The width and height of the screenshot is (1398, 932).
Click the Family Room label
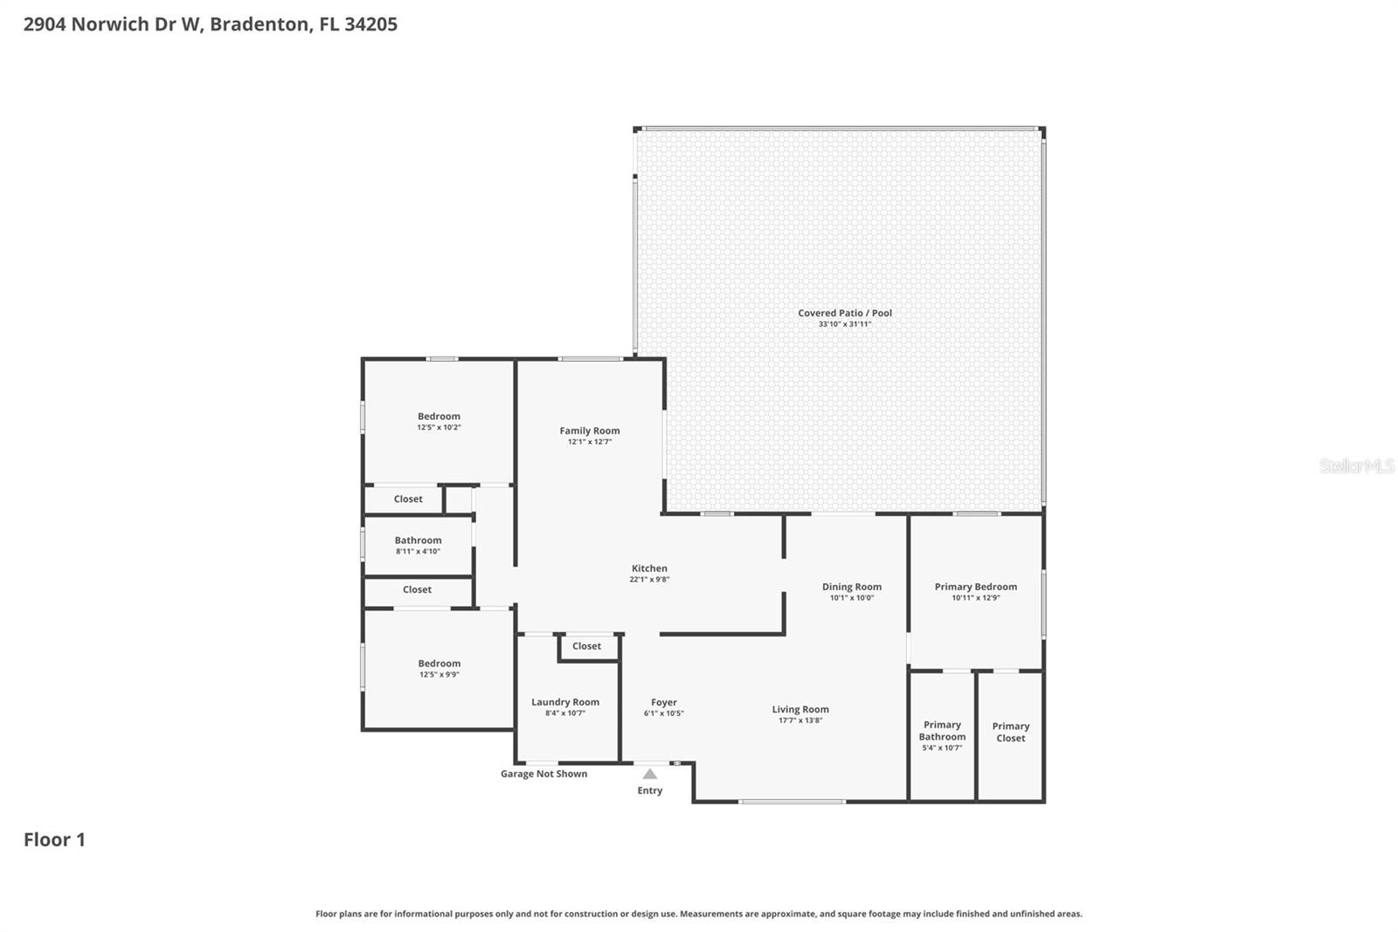coord(590,430)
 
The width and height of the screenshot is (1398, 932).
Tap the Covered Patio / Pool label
coord(845,313)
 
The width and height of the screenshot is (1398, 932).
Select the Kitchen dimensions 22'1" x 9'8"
coord(649,580)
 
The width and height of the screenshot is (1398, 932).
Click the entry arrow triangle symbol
coord(650,774)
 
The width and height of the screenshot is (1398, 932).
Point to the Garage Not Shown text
coord(543,774)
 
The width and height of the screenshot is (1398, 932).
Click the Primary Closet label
coord(1011,732)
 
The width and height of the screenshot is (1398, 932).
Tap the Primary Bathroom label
coord(942,731)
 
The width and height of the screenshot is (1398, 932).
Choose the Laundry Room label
coord(565,702)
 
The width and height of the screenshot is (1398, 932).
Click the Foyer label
coord(664,702)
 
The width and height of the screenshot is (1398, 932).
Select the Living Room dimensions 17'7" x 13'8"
coord(800,720)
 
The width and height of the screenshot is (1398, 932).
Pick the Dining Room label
coord(852,587)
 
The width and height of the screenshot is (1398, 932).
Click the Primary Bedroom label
coord(976,587)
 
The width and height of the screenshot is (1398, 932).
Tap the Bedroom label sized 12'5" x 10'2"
coord(439,416)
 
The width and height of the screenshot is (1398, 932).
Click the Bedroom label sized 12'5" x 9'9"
coord(439,664)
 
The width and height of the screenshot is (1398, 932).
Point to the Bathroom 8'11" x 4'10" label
coord(418,540)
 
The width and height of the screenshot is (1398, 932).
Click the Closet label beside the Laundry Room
coord(586,646)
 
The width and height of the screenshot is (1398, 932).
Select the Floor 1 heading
coord(54,839)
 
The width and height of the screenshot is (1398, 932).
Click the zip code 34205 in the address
coord(370,24)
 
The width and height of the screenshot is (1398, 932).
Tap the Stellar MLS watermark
coord(1356,466)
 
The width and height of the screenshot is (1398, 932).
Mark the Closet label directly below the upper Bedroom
coord(408,499)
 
